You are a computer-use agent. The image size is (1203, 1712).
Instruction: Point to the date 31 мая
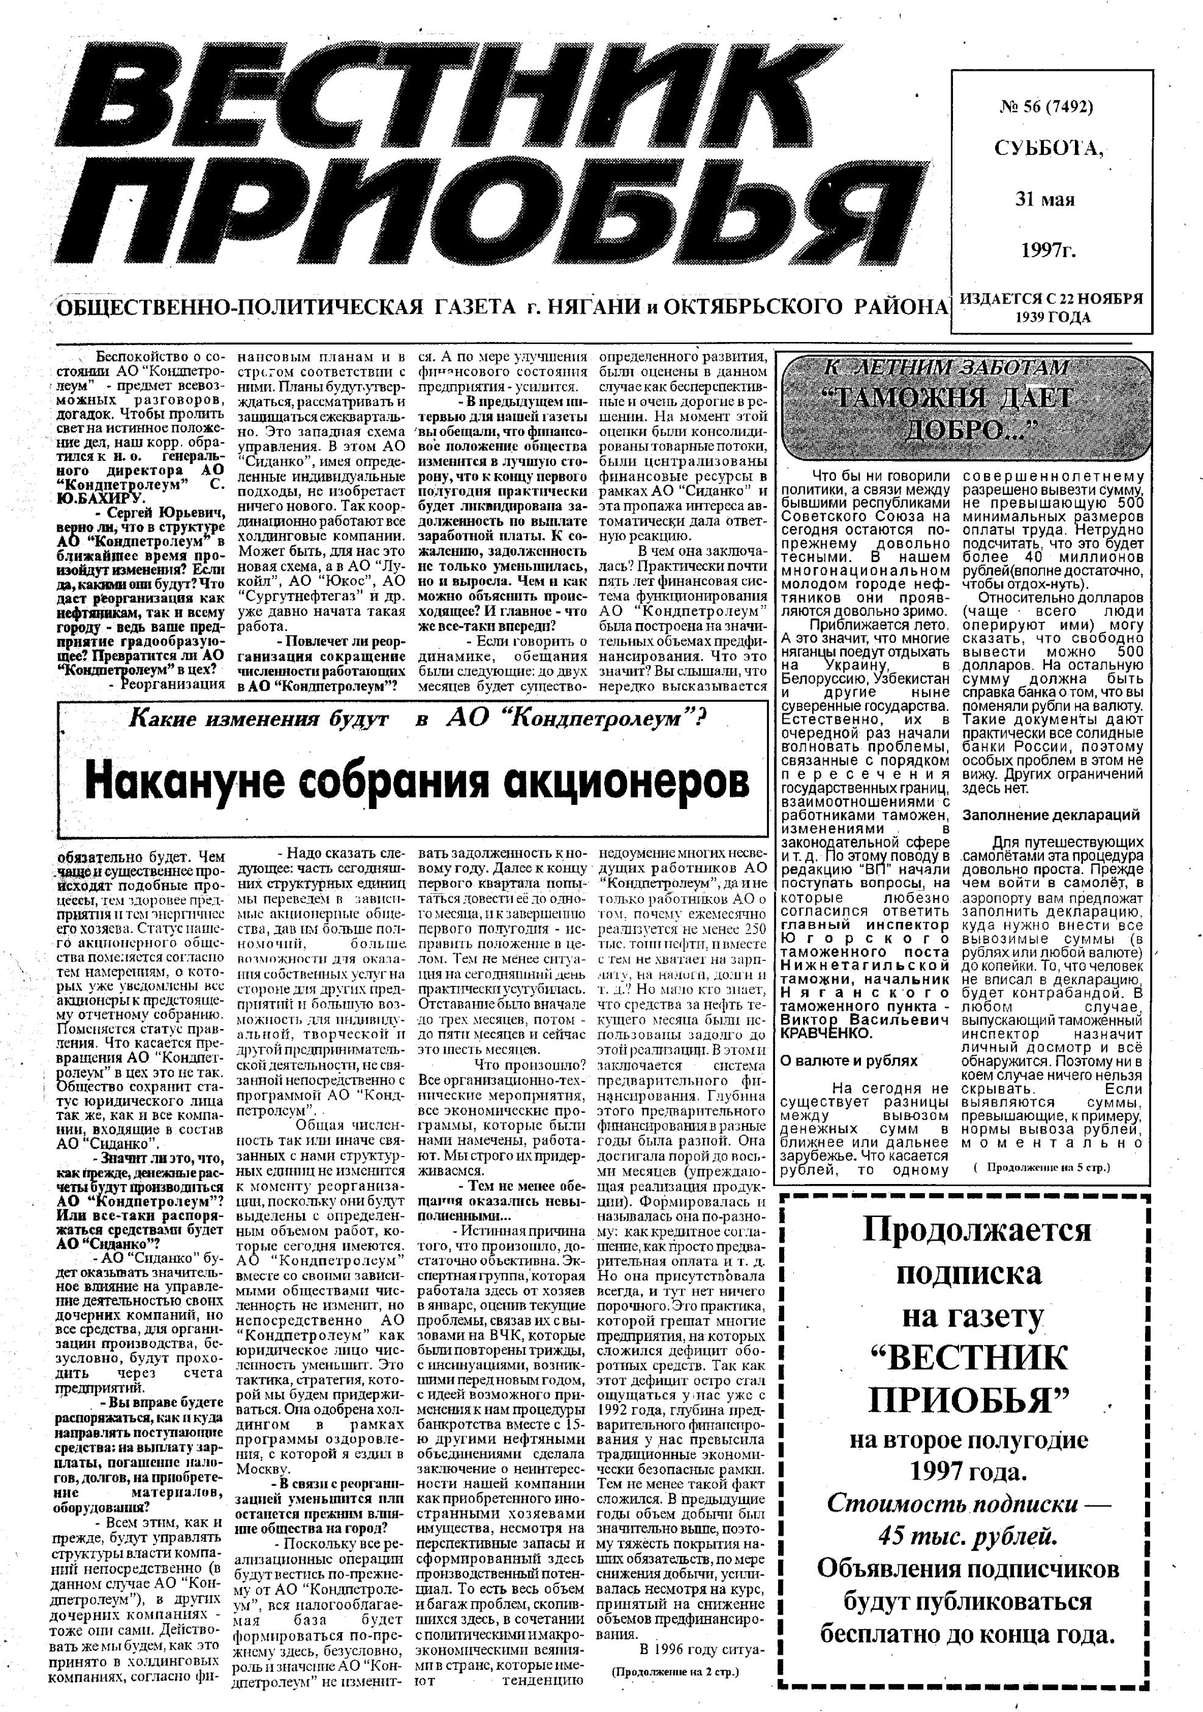pyautogui.click(x=1043, y=200)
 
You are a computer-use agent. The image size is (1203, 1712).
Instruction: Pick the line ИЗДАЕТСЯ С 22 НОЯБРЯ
pyautogui.click(x=1051, y=299)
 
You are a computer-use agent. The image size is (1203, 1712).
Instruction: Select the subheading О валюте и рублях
pyautogui.click(x=849, y=1060)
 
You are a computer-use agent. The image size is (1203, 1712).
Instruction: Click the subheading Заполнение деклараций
pyautogui.click(x=1052, y=815)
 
